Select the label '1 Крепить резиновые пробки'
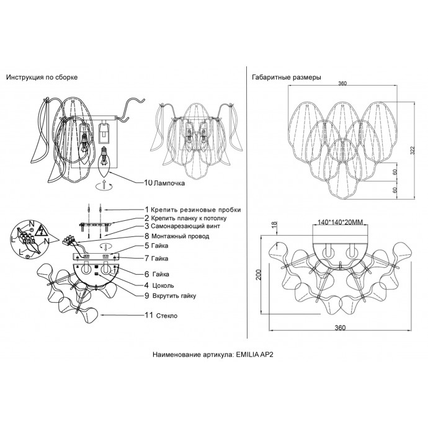[192, 210]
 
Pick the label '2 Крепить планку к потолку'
[189, 218]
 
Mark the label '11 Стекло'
[161, 316]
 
